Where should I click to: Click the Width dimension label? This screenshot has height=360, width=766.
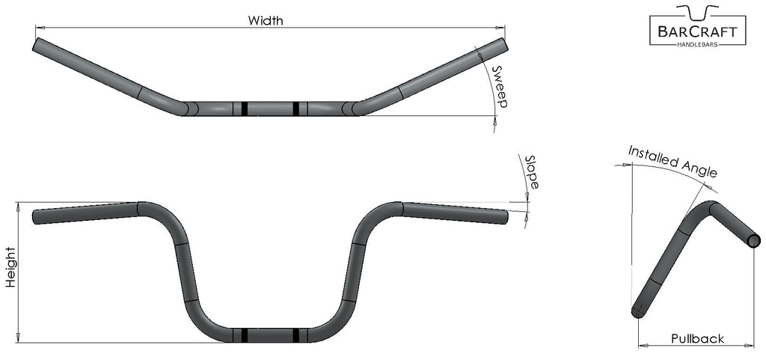266,20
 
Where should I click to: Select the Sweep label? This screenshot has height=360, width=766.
500,87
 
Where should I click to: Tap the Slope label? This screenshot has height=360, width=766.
531,171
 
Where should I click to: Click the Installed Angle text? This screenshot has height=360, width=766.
672,161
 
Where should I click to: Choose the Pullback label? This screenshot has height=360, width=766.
697,338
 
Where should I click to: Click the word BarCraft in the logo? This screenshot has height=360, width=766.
696,31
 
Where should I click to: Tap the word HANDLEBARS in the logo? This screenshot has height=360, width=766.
696,46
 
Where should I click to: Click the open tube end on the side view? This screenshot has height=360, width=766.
754,240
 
